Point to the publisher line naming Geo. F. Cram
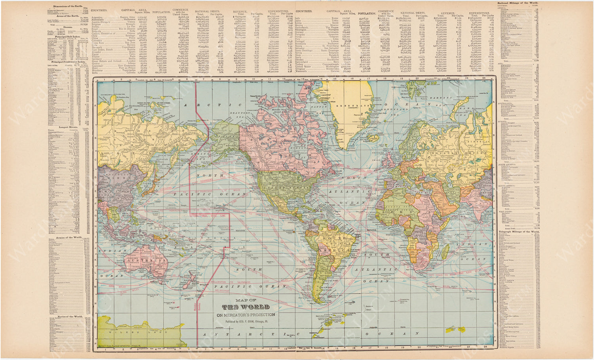pos(245,322)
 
